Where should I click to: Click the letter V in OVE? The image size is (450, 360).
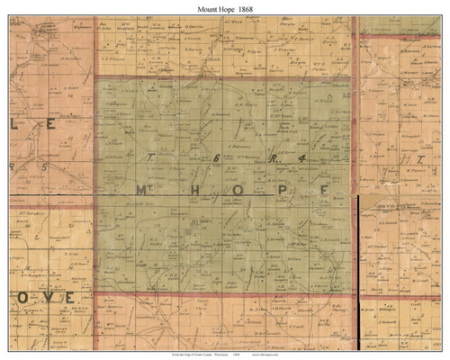tap(47, 296)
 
